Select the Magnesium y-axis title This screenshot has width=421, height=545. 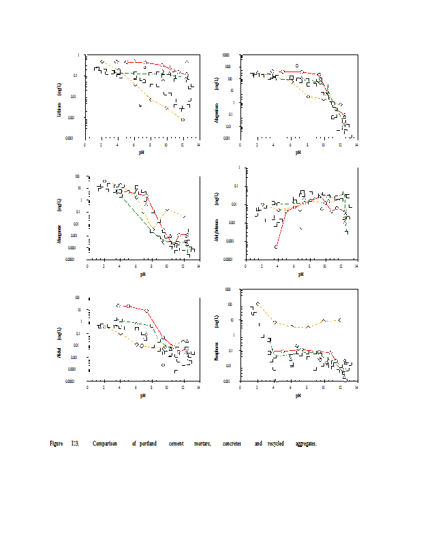(x=216, y=108)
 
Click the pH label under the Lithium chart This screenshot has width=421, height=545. (x=142, y=152)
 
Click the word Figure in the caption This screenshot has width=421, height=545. (x=57, y=444)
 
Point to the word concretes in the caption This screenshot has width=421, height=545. (x=232, y=444)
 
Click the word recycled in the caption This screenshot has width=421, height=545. (x=275, y=444)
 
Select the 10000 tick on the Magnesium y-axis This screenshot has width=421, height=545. (x=234, y=55)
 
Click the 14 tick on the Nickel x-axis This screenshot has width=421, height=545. (x=198, y=388)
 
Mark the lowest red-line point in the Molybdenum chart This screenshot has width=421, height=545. (x=276, y=247)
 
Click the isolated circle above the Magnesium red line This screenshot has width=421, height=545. (x=297, y=66)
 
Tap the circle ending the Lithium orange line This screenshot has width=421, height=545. (x=183, y=119)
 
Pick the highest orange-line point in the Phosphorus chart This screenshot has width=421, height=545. (x=258, y=303)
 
